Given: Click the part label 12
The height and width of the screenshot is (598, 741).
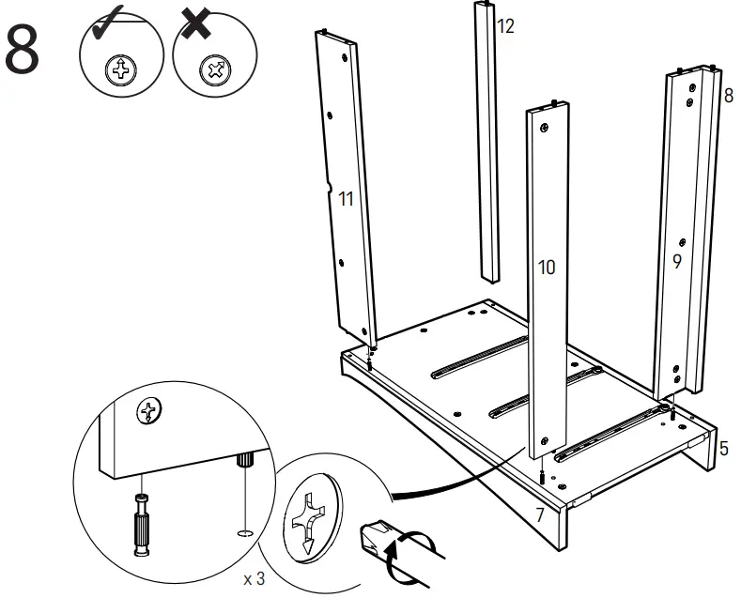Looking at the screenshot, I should (505, 26).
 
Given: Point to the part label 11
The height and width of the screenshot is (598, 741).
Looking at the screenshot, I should (346, 199).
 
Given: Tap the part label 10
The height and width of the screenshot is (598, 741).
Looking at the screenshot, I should (546, 268).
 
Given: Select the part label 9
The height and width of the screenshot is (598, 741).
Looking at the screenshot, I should (677, 262).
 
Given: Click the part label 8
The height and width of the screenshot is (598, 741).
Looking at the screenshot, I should (728, 95).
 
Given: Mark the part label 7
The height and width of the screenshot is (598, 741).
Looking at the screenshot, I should (539, 514).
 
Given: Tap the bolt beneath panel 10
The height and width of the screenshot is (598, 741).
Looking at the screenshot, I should (544, 476).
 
